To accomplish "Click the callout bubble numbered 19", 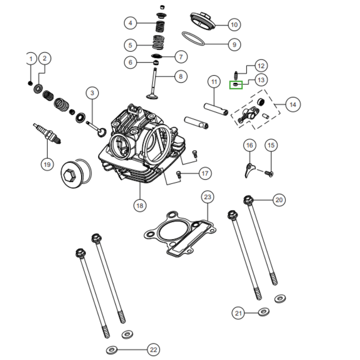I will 47,164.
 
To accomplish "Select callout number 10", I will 233,24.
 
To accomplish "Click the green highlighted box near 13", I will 236,84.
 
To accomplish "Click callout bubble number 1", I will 31,59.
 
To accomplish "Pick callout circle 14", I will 292,105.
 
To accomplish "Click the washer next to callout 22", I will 112,350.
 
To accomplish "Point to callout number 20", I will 279,200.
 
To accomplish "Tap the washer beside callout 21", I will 264,311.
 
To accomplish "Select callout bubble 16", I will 250,145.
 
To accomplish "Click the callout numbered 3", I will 92,93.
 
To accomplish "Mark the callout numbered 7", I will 180,57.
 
